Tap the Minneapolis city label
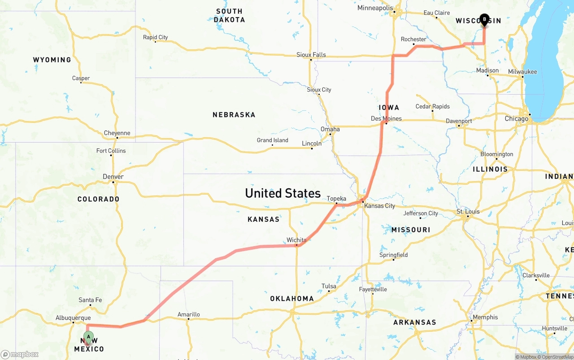click(x=375, y=8)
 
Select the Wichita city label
click(x=296, y=240)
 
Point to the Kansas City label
click(x=380, y=206)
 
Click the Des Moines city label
click(x=386, y=119)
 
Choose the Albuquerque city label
click(x=73, y=318)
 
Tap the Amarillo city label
click(x=189, y=314)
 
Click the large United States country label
click(x=283, y=193)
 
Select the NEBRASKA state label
click(x=234, y=115)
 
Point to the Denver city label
click(x=113, y=177)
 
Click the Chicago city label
click(x=517, y=119)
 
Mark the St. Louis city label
click(x=468, y=212)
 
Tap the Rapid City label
click(x=155, y=37)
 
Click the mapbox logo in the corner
click(x=20, y=355)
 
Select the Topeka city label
click(x=336, y=199)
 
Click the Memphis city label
click(x=485, y=317)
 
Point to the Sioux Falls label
click(x=311, y=55)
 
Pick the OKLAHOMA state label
click(x=292, y=299)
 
